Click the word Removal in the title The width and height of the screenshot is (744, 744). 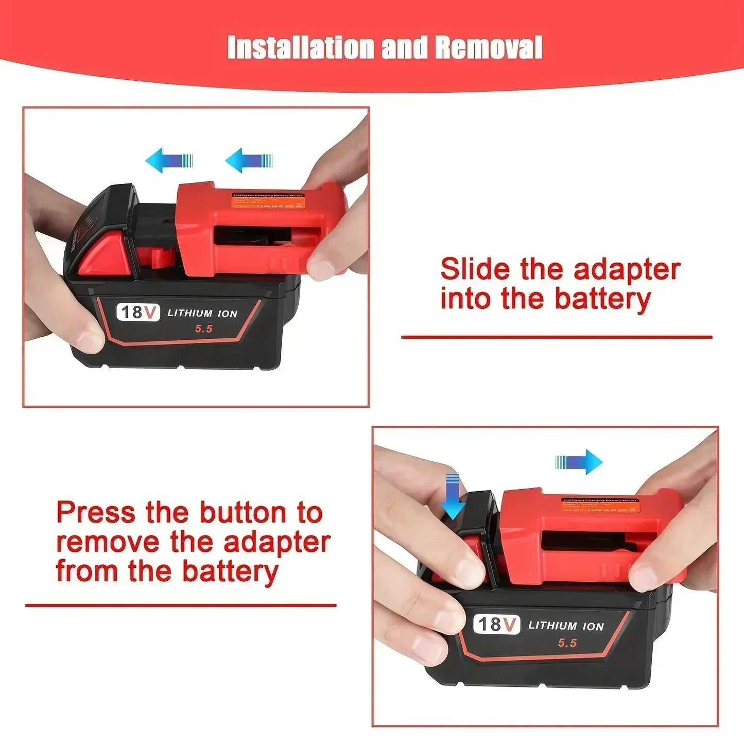pyautogui.click(x=488, y=48)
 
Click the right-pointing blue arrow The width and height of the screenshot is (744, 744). pyautogui.click(x=579, y=462)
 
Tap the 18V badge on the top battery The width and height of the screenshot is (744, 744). pyautogui.click(x=137, y=312)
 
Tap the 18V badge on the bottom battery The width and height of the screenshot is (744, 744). pyautogui.click(x=496, y=624)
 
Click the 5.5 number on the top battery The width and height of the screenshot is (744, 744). pyautogui.click(x=204, y=329)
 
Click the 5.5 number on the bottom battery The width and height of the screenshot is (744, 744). pyautogui.click(x=567, y=643)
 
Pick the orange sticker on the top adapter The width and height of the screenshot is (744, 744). pyautogui.click(x=268, y=201)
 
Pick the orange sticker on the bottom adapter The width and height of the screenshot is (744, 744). pyautogui.click(x=600, y=505)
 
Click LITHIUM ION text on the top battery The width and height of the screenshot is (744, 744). pyautogui.click(x=202, y=313)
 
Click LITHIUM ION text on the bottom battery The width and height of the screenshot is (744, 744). pyautogui.click(x=566, y=626)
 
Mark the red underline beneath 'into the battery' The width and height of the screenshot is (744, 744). pyautogui.click(x=556, y=337)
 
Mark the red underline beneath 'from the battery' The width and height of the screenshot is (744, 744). pyautogui.click(x=181, y=605)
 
